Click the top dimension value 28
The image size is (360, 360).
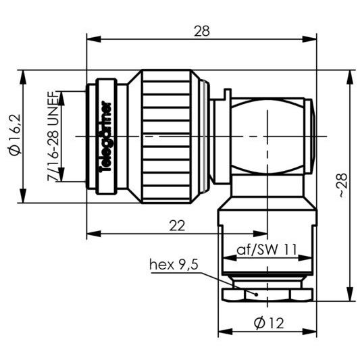[x=202, y=30]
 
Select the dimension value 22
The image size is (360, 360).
[x=177, y=226]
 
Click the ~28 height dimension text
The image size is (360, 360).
[x=342, y=184]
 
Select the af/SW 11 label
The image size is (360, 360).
[x=265, y=249]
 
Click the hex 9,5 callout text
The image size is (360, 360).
[x=174, y=264]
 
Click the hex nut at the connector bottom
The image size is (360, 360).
[x=267, y=294]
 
